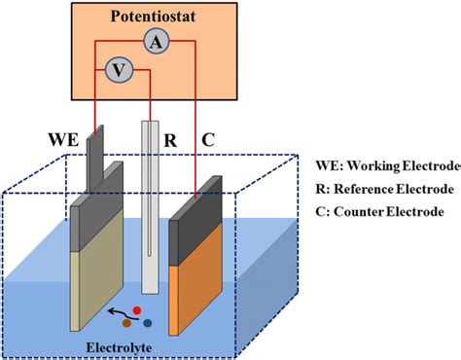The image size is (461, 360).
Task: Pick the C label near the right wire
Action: tap(209, 139)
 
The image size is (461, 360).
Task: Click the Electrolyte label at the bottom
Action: tap(137, 342)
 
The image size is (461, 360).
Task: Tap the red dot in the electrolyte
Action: tap(137, 309)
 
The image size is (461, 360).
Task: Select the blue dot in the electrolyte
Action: tap(147, 322)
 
